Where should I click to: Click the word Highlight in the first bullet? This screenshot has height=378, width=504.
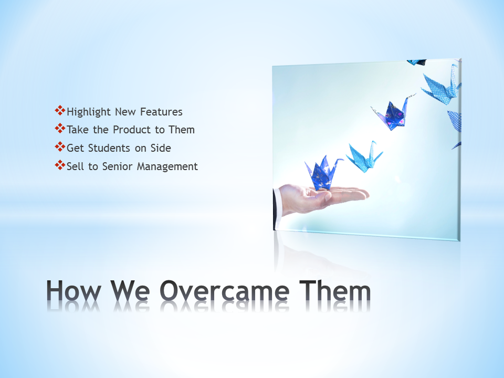click(x=89, y=112)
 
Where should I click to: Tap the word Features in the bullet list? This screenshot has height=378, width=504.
click(x=161, y=112)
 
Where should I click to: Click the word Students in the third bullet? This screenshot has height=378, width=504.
click(x=109, y=148)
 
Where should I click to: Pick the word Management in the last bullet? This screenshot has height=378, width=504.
click(x=167, y=167)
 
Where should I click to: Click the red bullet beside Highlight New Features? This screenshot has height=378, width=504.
click(x=60, y=111)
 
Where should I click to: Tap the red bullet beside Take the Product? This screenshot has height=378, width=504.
click(x=60, y=129)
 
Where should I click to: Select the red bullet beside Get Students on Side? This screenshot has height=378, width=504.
click(x=60, y=147)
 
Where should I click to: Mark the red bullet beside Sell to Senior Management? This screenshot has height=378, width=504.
click(x=60, y=165)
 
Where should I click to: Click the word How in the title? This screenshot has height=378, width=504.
click(x=73, y=290)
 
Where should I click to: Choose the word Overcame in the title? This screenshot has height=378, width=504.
click(x=224, y=290)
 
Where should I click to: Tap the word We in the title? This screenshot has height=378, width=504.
click(x=130, y=290)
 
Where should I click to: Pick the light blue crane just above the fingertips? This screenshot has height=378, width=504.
click(x=365, y=157)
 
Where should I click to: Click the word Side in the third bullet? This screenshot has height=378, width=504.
click(x=161, y=148)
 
